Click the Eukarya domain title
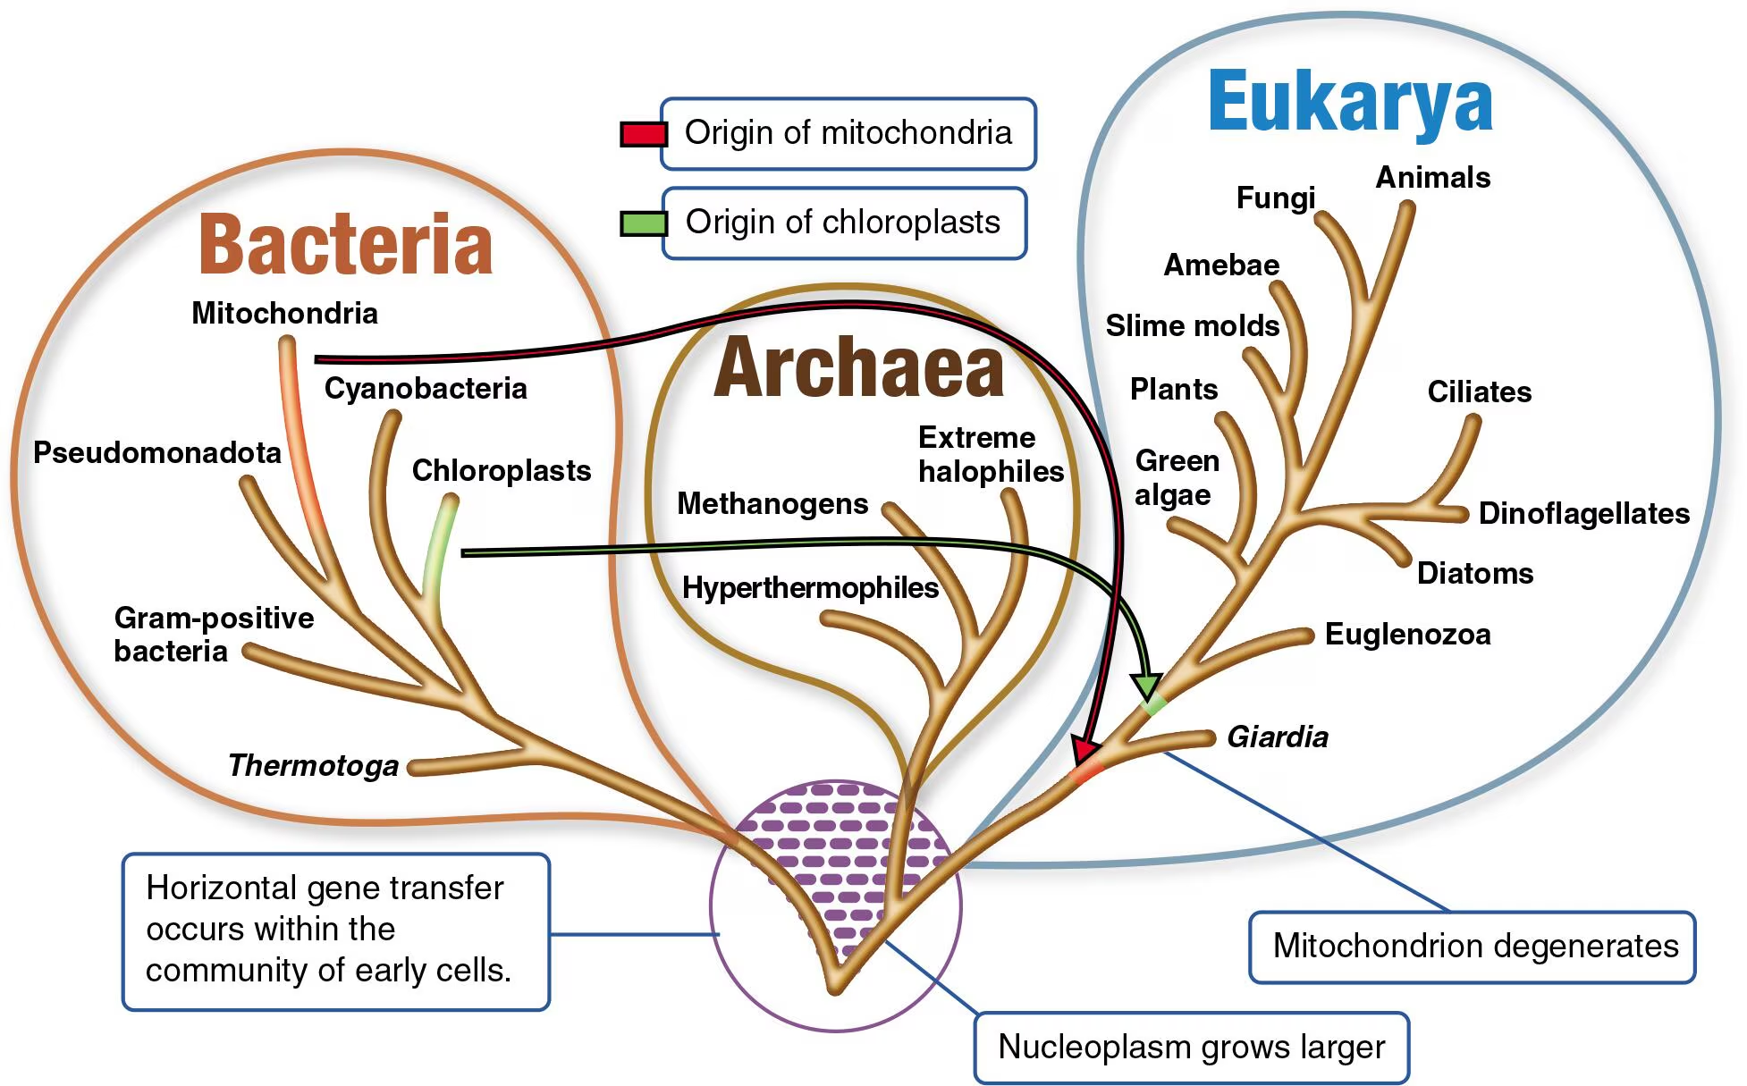tap(1349, 102)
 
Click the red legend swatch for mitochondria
tap(644, 135)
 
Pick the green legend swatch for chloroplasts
tap(644, 223)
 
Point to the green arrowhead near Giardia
tap(1146, 686)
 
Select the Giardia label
tap(1277, 737)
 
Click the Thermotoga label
tap(313, 766)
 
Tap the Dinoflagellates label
tap(1583, 514)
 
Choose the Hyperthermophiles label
tap(810, 588)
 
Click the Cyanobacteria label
tap(426, 389)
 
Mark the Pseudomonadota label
tap(157, 453)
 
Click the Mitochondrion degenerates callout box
tap(1472, 947)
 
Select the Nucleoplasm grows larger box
tap(1191, 1047)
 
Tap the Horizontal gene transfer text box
tap(335, 930)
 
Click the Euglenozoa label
tap(1407, 635)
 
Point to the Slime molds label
tap(1192, 326)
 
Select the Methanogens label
tap(772, 504)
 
